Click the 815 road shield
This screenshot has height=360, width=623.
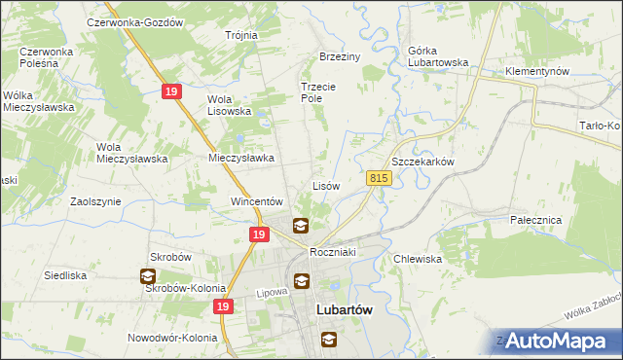[380, 178]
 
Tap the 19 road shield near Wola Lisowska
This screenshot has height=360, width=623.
[170, 90]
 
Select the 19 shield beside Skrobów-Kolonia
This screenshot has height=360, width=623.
[224, 306]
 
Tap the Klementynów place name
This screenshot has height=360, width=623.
[536, 72]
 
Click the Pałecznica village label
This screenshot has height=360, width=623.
[536, 221]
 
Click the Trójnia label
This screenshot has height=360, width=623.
[240, 35]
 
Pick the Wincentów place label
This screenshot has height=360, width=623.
[256, 201]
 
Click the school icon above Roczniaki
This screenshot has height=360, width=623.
[301, 226]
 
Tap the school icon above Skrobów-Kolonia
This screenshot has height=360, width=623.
[148, 275]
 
